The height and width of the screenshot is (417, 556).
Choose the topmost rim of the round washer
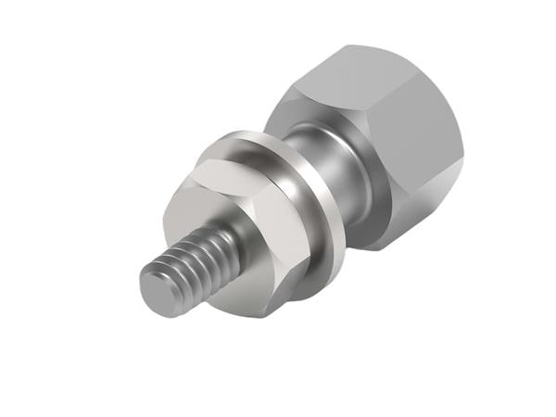(x=236, y=139)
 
